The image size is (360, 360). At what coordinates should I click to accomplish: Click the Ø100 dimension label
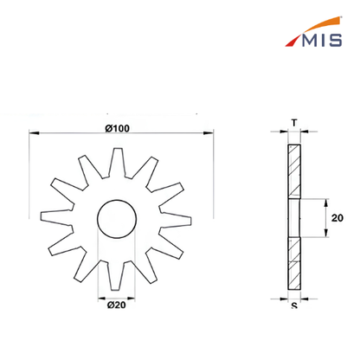[117, 128]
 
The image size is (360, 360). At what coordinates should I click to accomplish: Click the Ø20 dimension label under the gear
[117, 305]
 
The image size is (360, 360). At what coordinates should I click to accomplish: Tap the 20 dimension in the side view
[337, 218]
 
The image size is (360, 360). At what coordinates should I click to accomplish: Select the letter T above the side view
[294, 123]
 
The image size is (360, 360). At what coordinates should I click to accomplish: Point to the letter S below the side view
[294, 305]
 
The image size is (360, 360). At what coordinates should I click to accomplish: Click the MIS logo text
[322, 40]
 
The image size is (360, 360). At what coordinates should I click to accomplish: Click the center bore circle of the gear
[117, 200]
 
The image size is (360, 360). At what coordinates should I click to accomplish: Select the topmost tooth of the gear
[117, 162]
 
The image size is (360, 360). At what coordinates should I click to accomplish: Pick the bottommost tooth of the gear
[117, 275]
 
